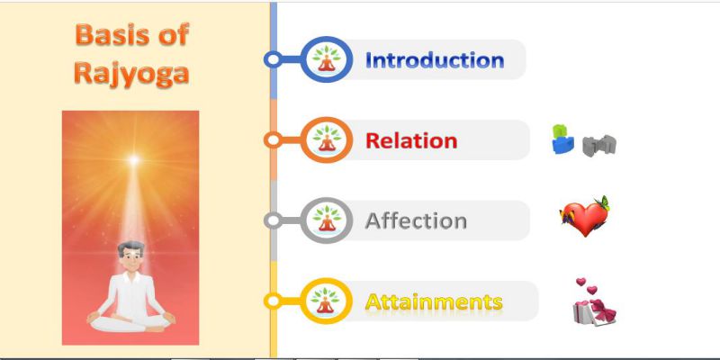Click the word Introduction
tap(435, 60)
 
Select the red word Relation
tap(411, 140)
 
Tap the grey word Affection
tap(416, 220)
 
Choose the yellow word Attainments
tap(434, 301)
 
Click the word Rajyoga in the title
tap(131, 74)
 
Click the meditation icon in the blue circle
tap(327, 59)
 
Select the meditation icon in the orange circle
tap(327, 139)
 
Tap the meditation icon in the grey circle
tap(327, 220)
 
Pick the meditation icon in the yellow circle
tap(327, 301)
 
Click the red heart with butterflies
tap(584, 216)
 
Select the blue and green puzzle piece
tap(562, 139)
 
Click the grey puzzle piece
tap(599, 146)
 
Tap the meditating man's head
tap(130, 256)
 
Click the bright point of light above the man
tap(133, 160)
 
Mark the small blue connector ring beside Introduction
tap(274, 59)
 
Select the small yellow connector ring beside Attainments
tap(274, 301)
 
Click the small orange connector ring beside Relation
tap(274, 140)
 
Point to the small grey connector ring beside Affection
tap(274, 220)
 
